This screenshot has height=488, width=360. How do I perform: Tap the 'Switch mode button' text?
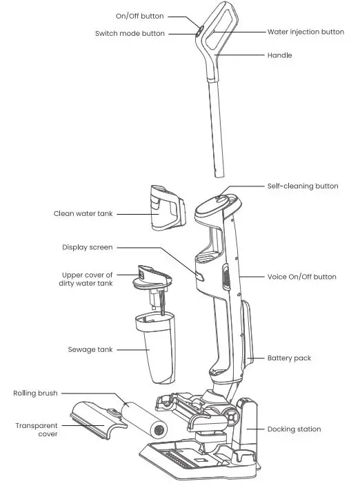point(130,33)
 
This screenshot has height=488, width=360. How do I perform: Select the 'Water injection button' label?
point(306,32)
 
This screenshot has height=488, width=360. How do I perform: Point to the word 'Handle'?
point(280,55)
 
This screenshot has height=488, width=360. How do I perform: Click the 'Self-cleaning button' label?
point(303,186)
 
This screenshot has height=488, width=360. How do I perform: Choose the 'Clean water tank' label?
point(83,214)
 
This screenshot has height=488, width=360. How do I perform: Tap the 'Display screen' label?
point(87,247)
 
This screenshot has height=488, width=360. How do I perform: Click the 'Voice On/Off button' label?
point(302,277)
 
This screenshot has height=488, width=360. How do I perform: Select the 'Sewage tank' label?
point(90,350)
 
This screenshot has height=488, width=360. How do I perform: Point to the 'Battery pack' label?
point(289,358)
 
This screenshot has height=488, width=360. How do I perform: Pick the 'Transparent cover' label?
point(36,430)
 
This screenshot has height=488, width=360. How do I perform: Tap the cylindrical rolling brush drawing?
point(146,420)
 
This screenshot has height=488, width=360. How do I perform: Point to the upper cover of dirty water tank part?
point(152,277)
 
